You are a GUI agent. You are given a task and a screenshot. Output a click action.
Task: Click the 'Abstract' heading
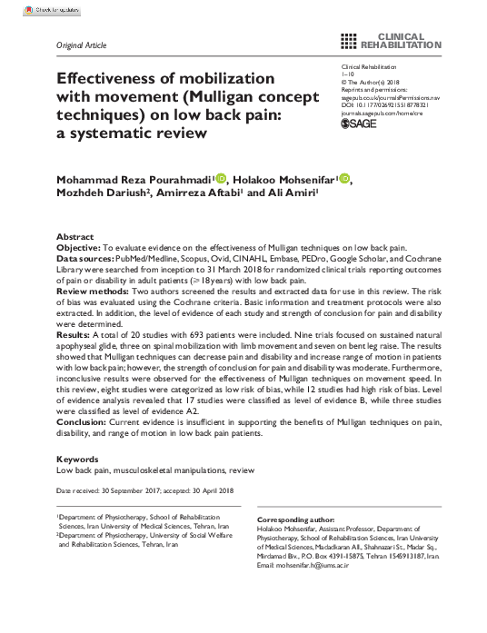pos(75,234)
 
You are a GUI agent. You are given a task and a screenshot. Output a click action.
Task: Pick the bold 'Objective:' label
pos(85,247)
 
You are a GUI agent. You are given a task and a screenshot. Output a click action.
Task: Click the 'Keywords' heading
pos(78,460)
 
